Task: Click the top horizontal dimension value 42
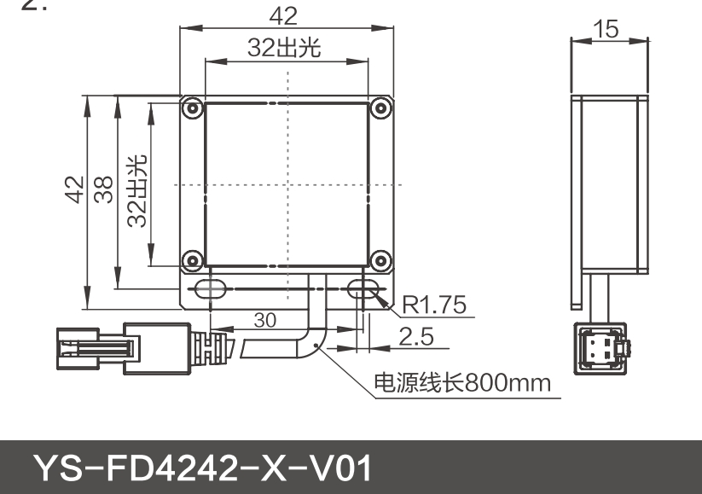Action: coord(285,16)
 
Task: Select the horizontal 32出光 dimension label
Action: coord(285,49)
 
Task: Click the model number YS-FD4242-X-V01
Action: coord(202,468)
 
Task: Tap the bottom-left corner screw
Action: coord(193,258)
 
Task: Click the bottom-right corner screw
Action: coord(380,258)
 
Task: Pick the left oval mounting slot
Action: coord(207,290)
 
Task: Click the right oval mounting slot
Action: coord(365,290)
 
